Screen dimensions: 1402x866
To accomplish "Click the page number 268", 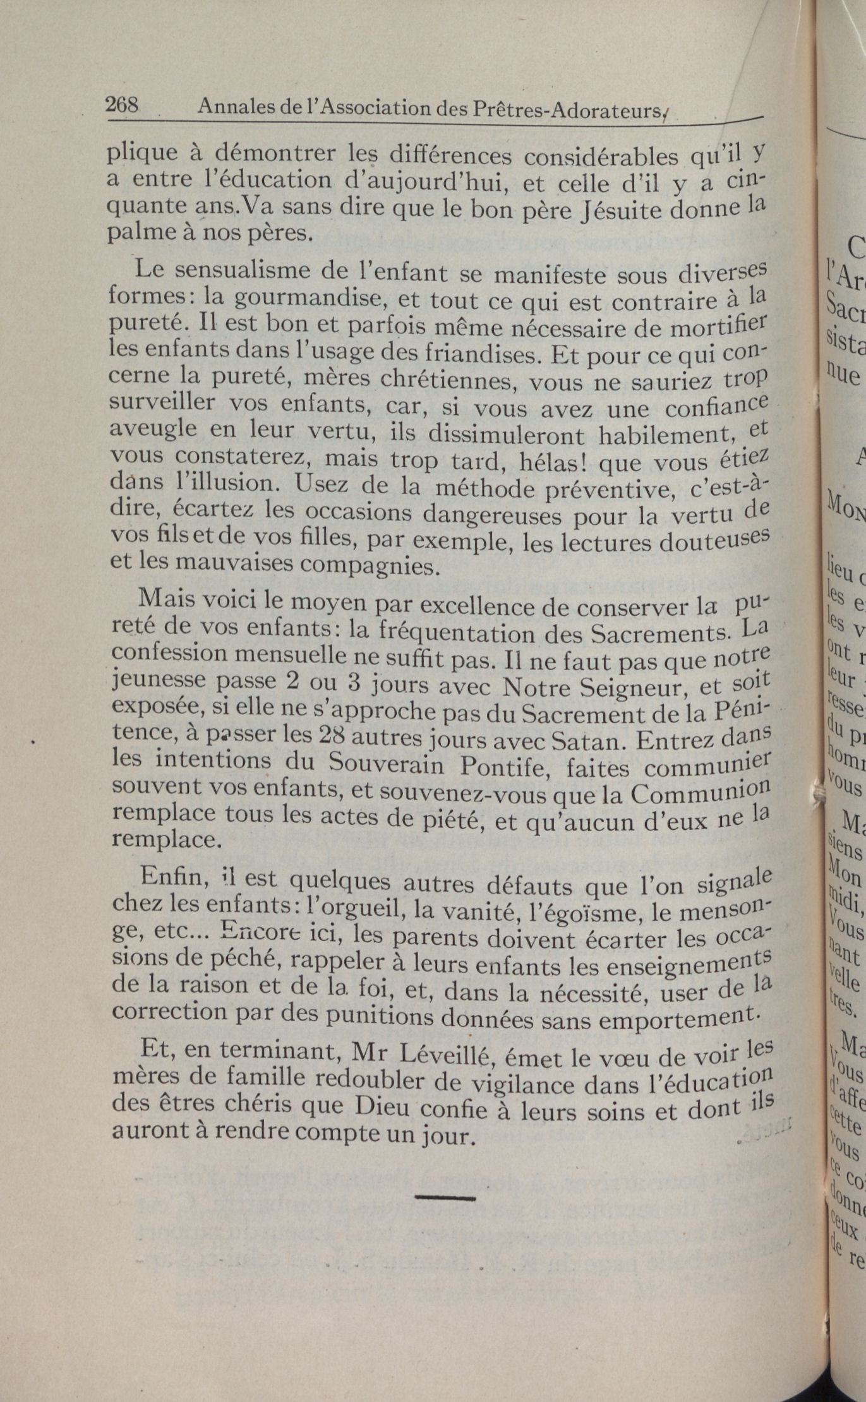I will coord(122,105).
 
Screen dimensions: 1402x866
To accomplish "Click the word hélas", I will coord(552,464).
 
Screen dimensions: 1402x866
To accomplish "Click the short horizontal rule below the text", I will coord(445,1179).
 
